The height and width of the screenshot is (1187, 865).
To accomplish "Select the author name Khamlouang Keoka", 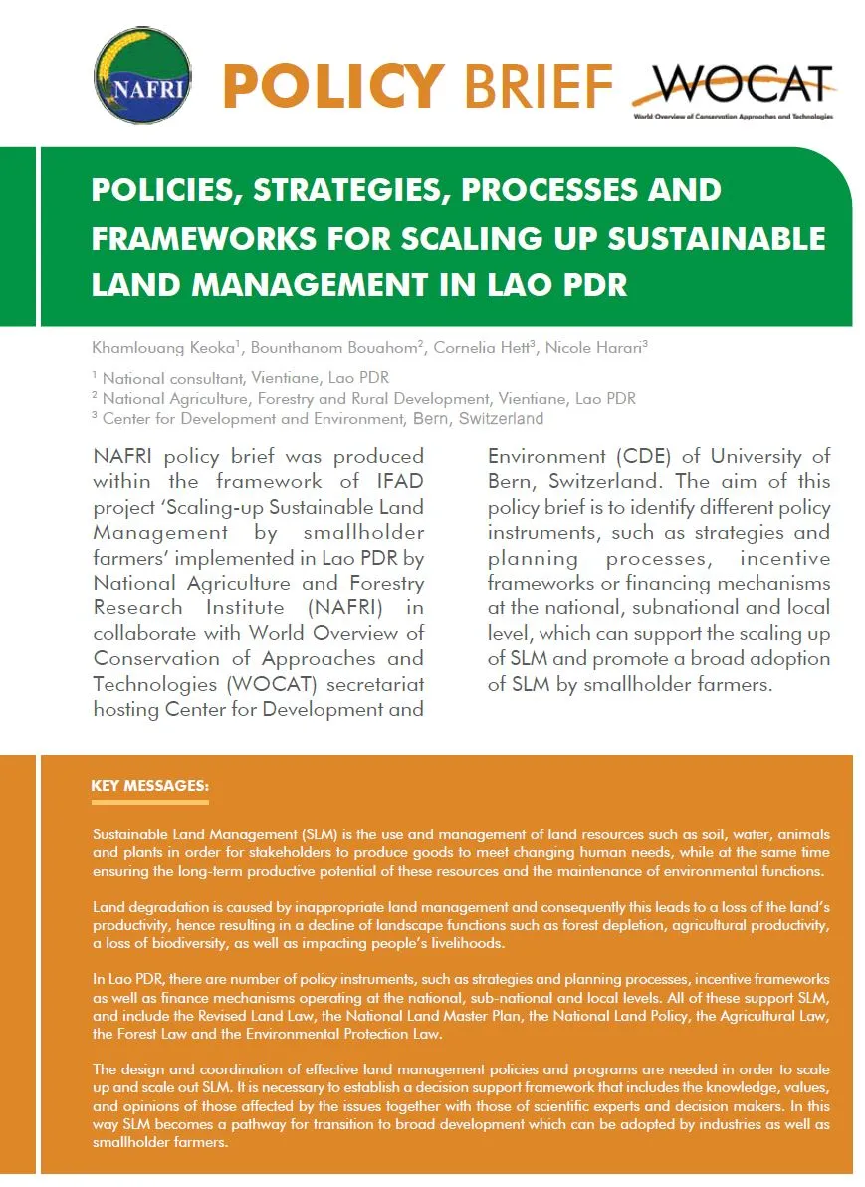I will tap(162, 347).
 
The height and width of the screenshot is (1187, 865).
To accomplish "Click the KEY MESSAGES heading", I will tap(149, 786).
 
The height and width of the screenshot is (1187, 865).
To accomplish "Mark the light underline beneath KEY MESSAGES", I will tap(149, 801).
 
